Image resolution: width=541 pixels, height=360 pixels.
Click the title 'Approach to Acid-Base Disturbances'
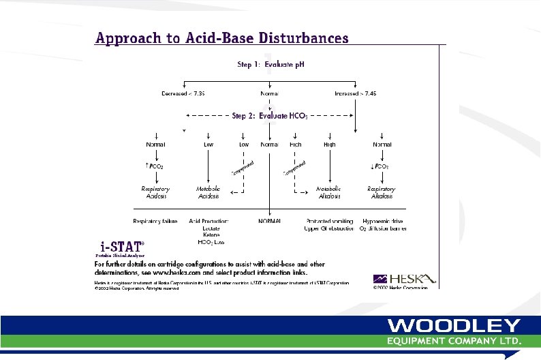point(221,38)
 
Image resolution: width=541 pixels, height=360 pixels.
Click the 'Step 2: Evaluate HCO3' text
point(270,116)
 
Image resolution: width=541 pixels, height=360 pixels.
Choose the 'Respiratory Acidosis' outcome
point(155,192)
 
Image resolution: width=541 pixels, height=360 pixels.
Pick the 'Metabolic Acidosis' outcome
point(208,192)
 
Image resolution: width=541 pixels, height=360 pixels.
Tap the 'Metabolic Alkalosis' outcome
point(329,192)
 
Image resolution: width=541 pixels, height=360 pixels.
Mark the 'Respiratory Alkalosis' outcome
point(381,192)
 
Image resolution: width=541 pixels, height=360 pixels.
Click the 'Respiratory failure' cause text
point(155,221)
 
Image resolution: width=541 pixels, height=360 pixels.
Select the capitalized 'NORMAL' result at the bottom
point(270,221)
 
